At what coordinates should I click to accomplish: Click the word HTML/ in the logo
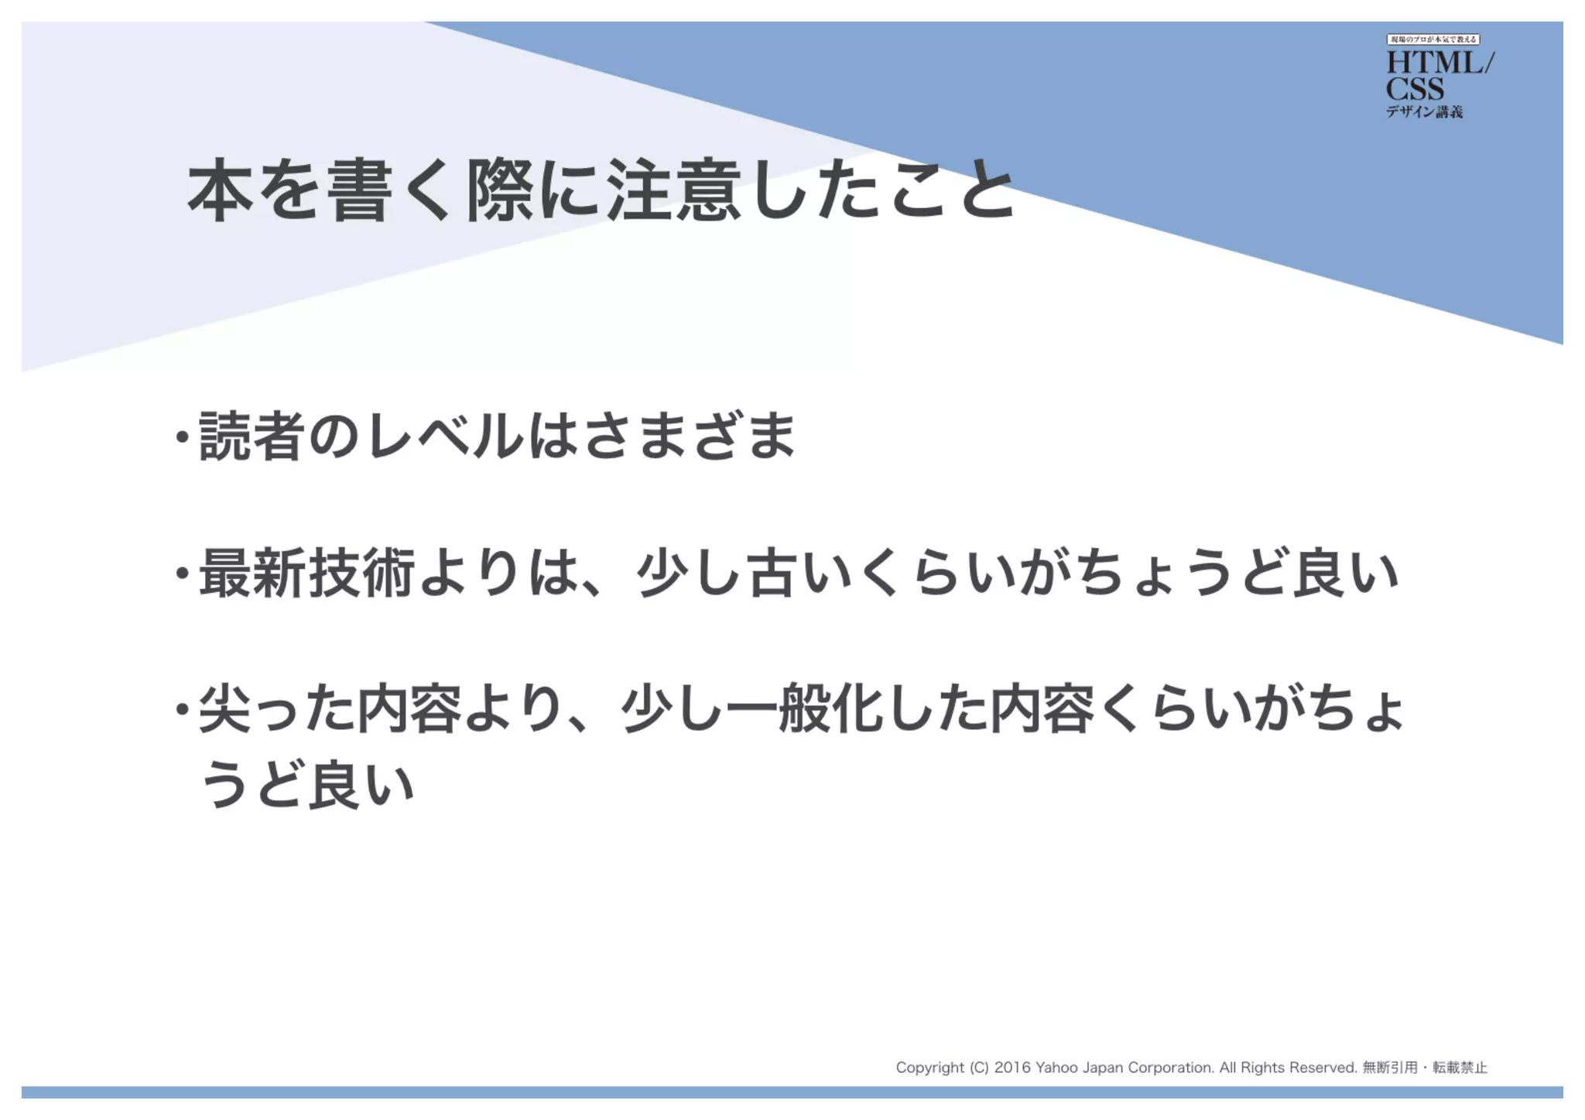(1439, 63)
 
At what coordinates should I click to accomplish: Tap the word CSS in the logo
(1414, 88)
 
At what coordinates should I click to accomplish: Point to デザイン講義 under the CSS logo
(1424, 112)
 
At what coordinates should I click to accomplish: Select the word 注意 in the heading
(674, 190)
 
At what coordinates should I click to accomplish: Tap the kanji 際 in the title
(500, 190)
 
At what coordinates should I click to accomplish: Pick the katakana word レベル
(446, 436)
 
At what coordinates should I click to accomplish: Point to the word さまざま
(690, 436)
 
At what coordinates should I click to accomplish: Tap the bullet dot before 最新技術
(182, 574)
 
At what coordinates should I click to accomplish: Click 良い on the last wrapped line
(361, 784)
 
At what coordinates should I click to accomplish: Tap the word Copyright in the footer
(930, 1068)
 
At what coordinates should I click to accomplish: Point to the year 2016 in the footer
(1012, 1068)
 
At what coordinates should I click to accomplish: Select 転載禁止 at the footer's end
(1460, 1068)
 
